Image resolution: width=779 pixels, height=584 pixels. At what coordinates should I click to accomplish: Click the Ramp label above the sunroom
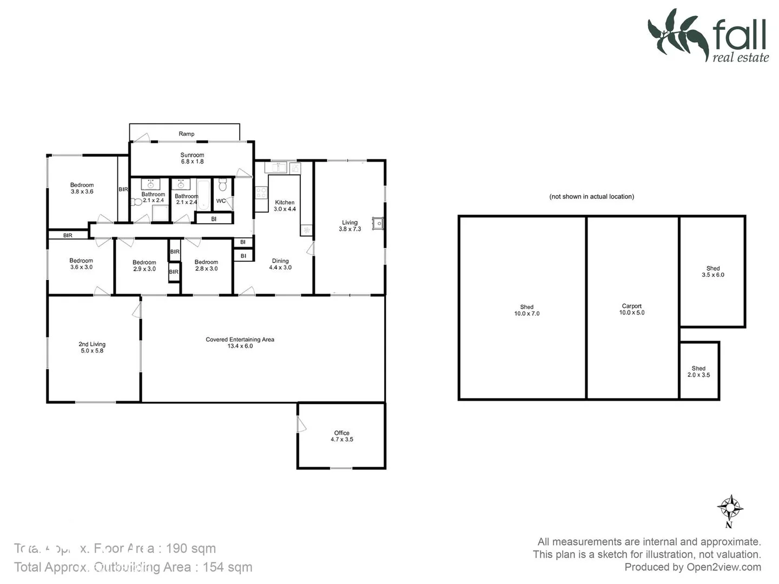[x=186, y=134]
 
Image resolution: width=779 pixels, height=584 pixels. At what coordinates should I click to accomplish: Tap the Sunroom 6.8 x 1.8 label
[x=192, y=158]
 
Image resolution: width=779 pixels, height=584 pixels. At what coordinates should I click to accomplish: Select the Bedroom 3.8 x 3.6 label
[x=82, y=188]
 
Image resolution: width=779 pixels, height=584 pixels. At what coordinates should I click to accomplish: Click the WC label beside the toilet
[x=221, y=201]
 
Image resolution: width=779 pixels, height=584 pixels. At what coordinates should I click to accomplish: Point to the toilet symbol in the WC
[x=222, y=187]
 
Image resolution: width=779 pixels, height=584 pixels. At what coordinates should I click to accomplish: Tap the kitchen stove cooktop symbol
[x=261, y=193]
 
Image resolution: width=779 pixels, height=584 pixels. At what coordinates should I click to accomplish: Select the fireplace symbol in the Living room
[x=378, y=223]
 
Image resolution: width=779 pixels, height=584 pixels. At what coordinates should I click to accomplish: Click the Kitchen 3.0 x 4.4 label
[x=285, y=205]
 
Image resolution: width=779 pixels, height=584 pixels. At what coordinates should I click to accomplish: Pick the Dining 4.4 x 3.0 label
[x=280, y=264]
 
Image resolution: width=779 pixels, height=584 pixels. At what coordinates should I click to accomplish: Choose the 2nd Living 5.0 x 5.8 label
[x=92, y=347]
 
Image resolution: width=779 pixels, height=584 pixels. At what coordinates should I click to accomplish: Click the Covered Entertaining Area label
[x=240, y=342]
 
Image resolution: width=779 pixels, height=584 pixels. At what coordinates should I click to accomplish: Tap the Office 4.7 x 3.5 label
[x=341, y=436]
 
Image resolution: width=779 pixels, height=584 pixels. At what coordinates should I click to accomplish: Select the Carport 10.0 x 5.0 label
[x=631, y=309]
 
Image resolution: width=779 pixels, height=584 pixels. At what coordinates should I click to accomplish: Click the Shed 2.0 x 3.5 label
[x=698, y=371]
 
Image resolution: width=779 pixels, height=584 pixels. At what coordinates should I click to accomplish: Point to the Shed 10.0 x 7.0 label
[x=526, y=310]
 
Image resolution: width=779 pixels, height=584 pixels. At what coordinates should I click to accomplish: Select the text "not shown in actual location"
[x=591, y=196]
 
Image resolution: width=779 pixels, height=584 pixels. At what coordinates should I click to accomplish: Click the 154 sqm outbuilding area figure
[x=227, y=567]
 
